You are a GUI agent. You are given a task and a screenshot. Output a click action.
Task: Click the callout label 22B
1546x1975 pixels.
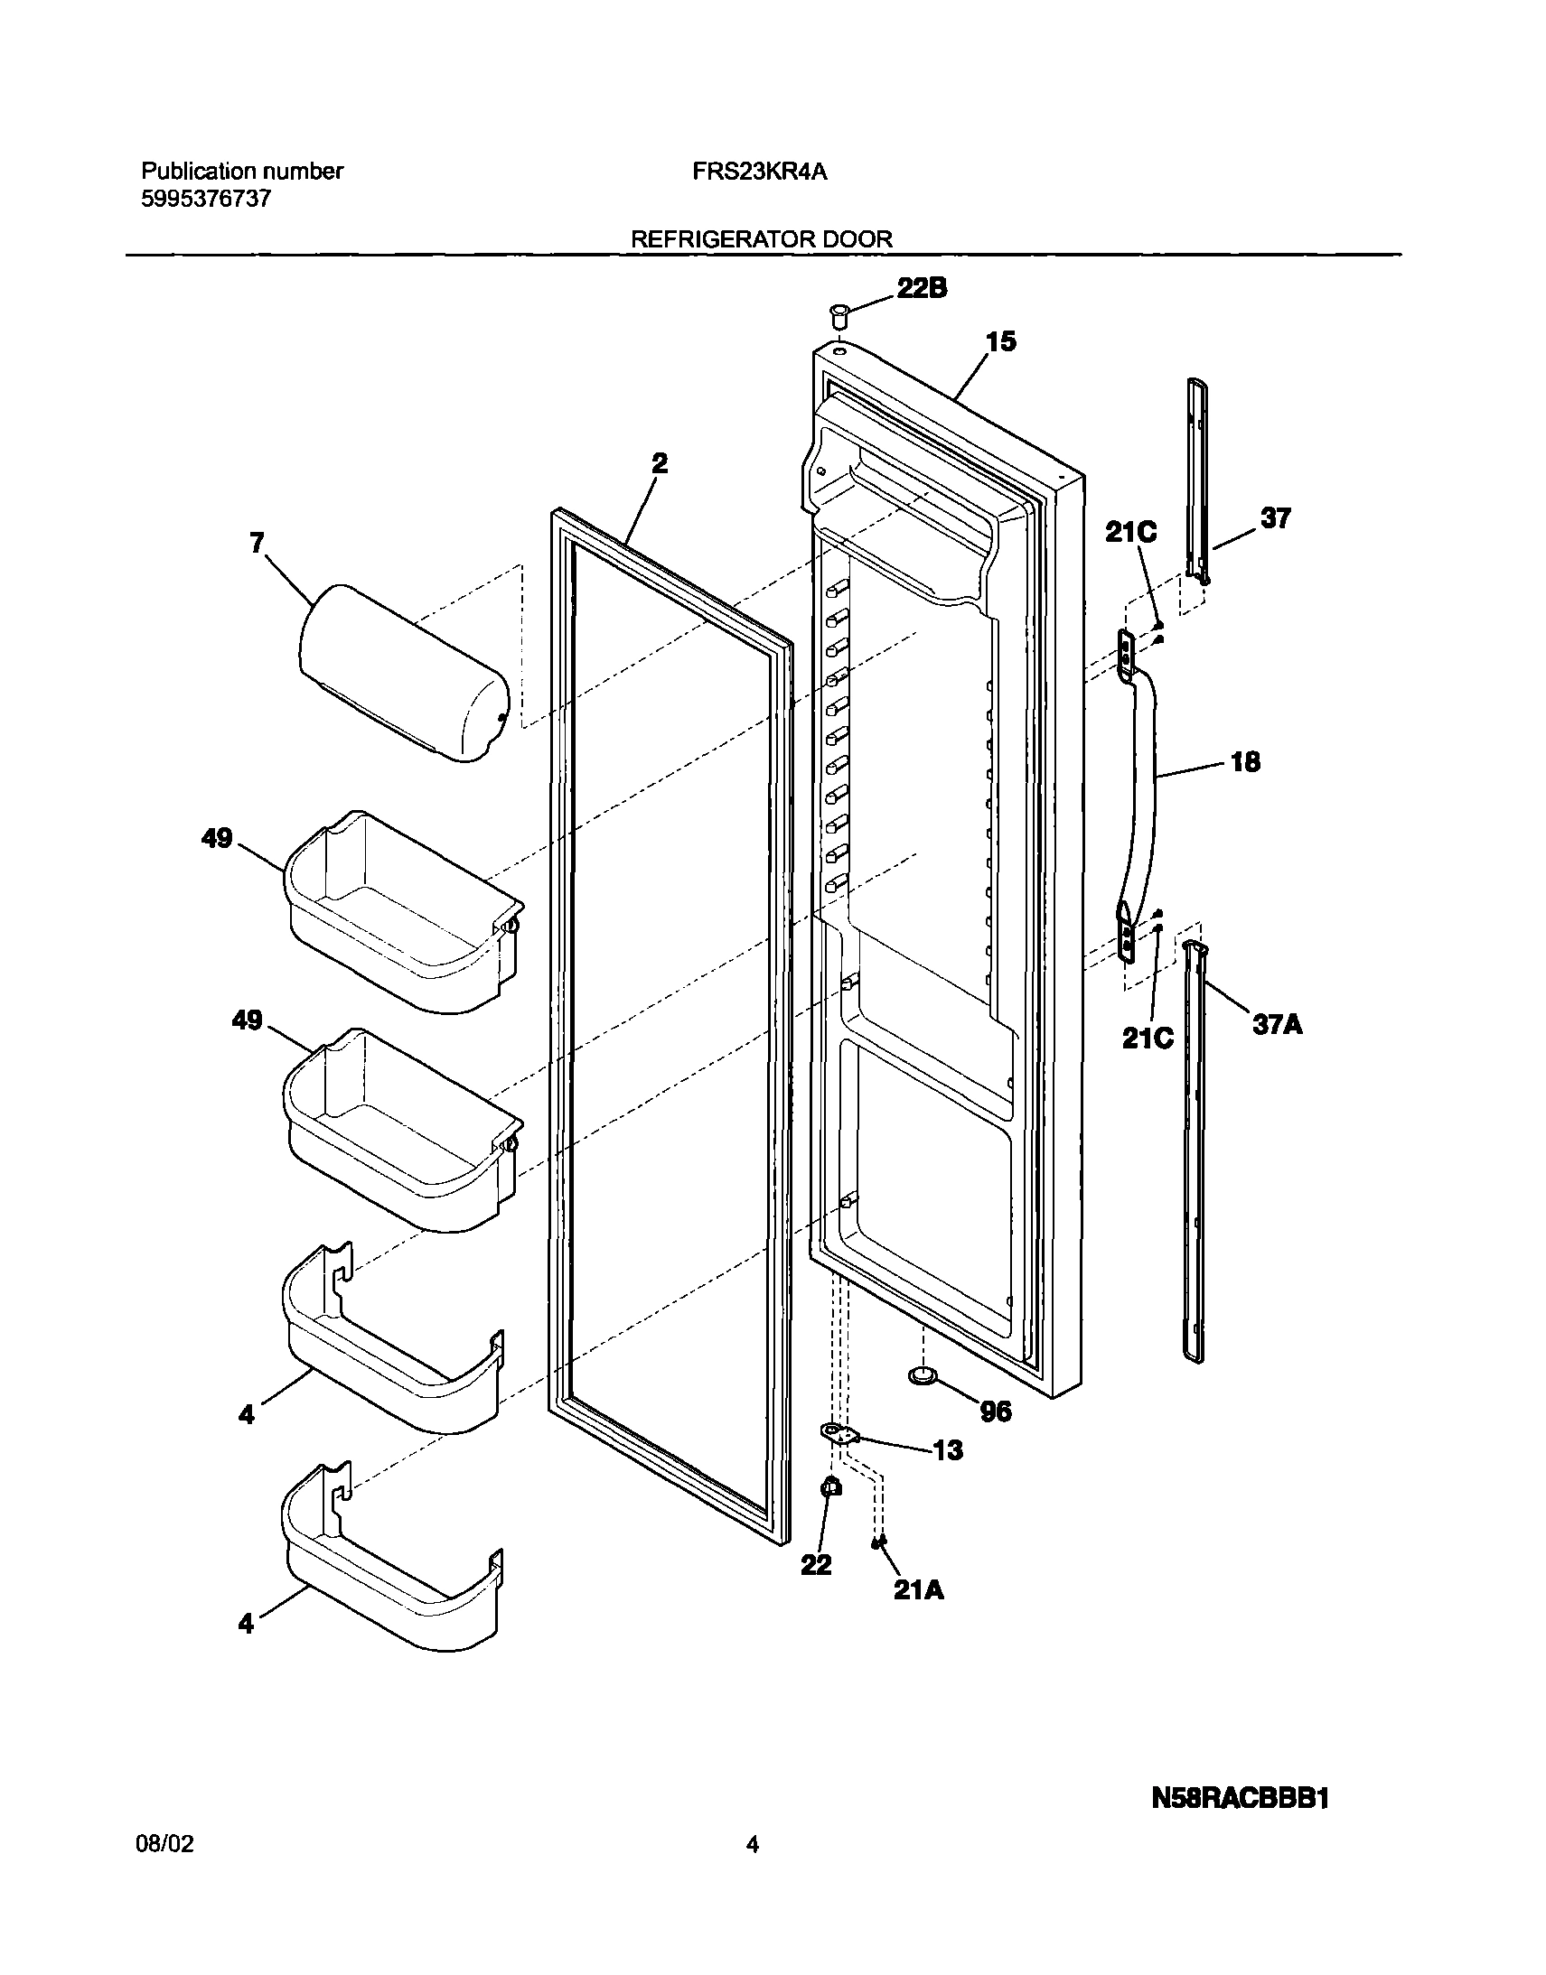(x=922, y=289)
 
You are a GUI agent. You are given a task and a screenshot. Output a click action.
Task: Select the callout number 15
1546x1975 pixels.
(x=1001, y=342)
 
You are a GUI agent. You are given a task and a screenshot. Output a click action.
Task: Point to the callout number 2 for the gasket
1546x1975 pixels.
(x=660, y=464)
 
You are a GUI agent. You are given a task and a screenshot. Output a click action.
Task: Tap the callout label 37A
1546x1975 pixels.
(x=1277, y=1024)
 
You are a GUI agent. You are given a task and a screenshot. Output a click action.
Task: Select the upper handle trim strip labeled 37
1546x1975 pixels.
(x=1197, y=480)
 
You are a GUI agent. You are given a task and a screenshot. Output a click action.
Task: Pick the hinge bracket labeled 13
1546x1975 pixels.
(x=839, y=1432)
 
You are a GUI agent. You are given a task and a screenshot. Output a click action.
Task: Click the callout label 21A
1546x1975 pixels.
(x=919, y=1590)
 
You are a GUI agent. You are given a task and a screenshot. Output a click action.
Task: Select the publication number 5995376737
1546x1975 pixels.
(x=206, y=199)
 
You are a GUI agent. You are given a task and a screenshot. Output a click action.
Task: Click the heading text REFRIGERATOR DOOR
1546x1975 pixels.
(x=761, y=238)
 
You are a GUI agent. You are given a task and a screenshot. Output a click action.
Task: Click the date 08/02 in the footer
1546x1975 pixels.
(x=164, y=1844)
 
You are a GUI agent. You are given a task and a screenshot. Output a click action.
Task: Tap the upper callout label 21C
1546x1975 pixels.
(x=1130, y=533)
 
